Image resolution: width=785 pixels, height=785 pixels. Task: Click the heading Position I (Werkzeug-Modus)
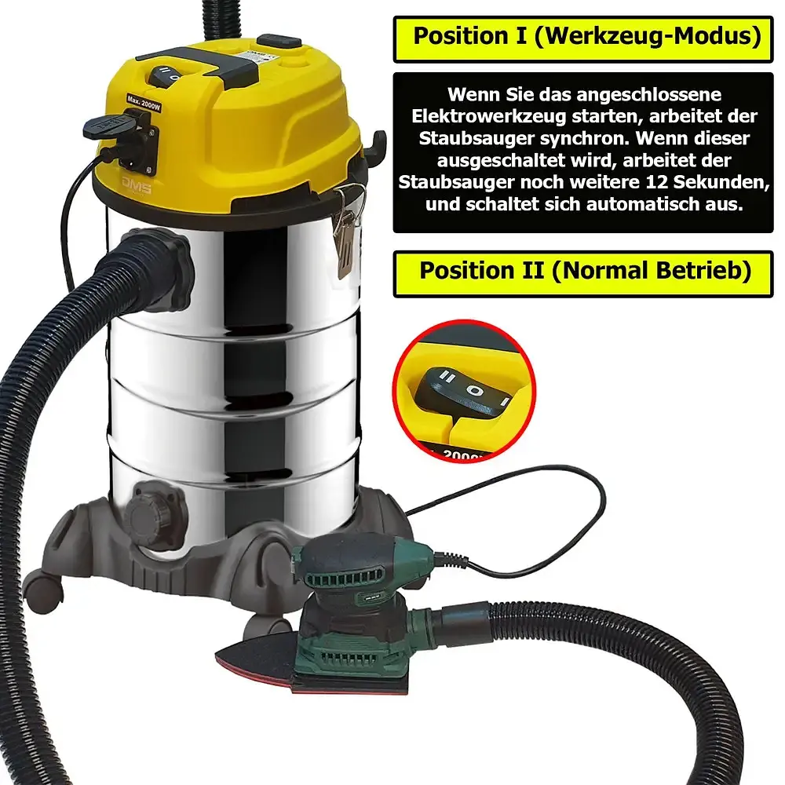pyautogui.click(x=586, y=36)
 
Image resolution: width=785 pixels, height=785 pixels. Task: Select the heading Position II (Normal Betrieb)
pyautogui.click(x=586, y=271)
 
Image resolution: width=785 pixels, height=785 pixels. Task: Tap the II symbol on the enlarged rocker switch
pyautogui.click(x=447, y=377)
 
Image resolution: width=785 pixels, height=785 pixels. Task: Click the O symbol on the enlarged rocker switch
pyautogui.click(x=475, y=390)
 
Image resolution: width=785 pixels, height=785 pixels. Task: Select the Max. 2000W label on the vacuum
pyautogui.click(x=143, y=103)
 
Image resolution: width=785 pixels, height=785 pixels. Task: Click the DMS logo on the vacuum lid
pyautogui.click(x=136, y=185)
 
